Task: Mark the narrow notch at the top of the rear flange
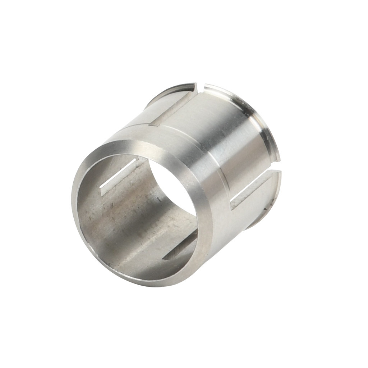tap(201, 87)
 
